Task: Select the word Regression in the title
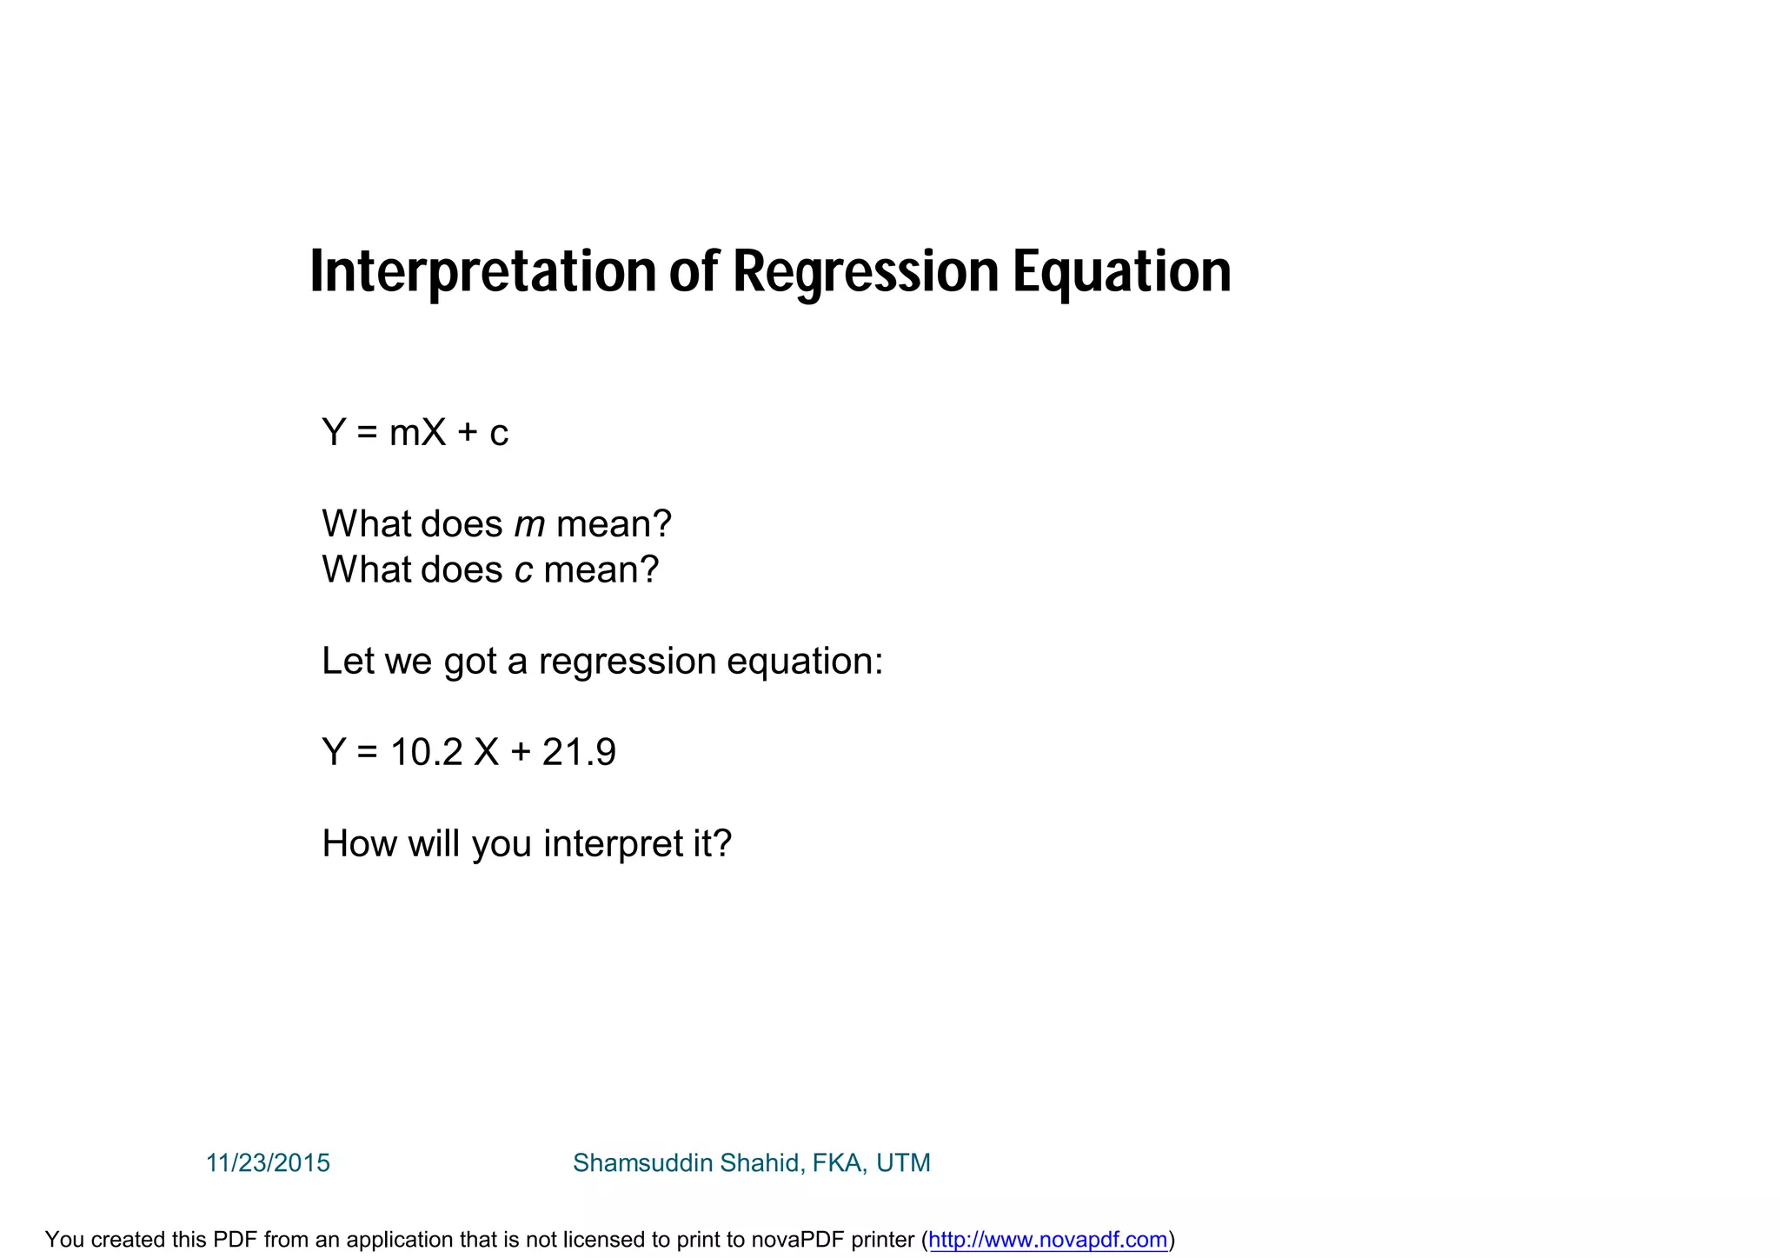coord(866,271)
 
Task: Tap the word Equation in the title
coord(1121,271)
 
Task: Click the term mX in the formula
coord(417,432)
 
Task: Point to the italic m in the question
coord(529,524)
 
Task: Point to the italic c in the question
coord(523,570)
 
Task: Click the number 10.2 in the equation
coord(426,752)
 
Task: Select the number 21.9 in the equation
coord(579,752)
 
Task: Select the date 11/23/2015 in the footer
coord(268,1163)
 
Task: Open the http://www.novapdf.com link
coord(1047,1240)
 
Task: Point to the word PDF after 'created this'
coord(236,1240)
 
